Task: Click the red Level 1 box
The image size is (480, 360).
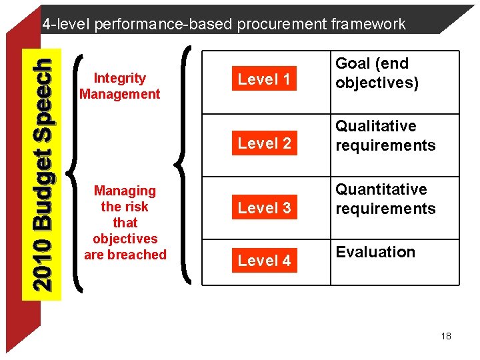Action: pyautogui.click(x=264, y=80)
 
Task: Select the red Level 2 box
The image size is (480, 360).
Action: pyautogui.click(x=264, y=143)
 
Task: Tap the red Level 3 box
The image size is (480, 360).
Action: pyautogui.click(x=264, y=208)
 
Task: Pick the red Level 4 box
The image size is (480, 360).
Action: pyautogui.click(x=264, y=261)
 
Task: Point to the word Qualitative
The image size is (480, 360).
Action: pyautogui.click(x=375, y=127)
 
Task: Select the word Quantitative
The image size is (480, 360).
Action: pyautogui.click(x=381, y=190)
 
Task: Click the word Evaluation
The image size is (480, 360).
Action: pyautogui.click(x=375, y=252)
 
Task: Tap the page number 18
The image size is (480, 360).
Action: pyautogui.click(x=446, y=336)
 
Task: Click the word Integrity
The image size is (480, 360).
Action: pyautogui.click(x=120, y=79)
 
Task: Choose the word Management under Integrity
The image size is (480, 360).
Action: pyautogui.click(x=120, y=94)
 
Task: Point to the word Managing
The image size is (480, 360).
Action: pyautogui.click(x=125, y=191)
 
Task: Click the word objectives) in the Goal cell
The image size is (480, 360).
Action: pyautogui.click(x=377, y=83)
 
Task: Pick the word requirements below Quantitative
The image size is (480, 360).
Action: pyautogui.click(x=385, y=209)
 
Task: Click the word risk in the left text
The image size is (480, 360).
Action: pyautogui.click(x=137, y=207)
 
